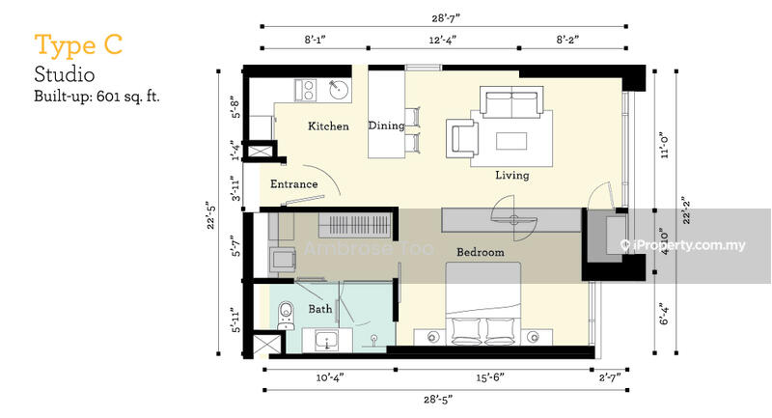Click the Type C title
[x=78, y=45]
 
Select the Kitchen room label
[x=328, y=126]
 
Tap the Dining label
[x=387, y=125]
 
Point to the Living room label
[x=512, y=176]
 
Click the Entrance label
[x=294, y=184]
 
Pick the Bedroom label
[x=480, y=252]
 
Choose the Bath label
[x=320, y=309]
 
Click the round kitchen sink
[x=339, y=90]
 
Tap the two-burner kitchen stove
[x=306, y=90]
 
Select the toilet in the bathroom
[x=286, y=315]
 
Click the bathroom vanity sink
[x=327, y=340]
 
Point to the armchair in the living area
[x=462, y=138]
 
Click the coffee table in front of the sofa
[x=511, y=141]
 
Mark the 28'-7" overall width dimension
[x=446, y=18]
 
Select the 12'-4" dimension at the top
[x=443, y=40]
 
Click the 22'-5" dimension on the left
[x=211, y=214]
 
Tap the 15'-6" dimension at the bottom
[x=490, y=377]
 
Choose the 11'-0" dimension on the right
[x=665, y=144]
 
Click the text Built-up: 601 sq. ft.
[x=97, y=96]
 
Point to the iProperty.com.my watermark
[x=683, y=245]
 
